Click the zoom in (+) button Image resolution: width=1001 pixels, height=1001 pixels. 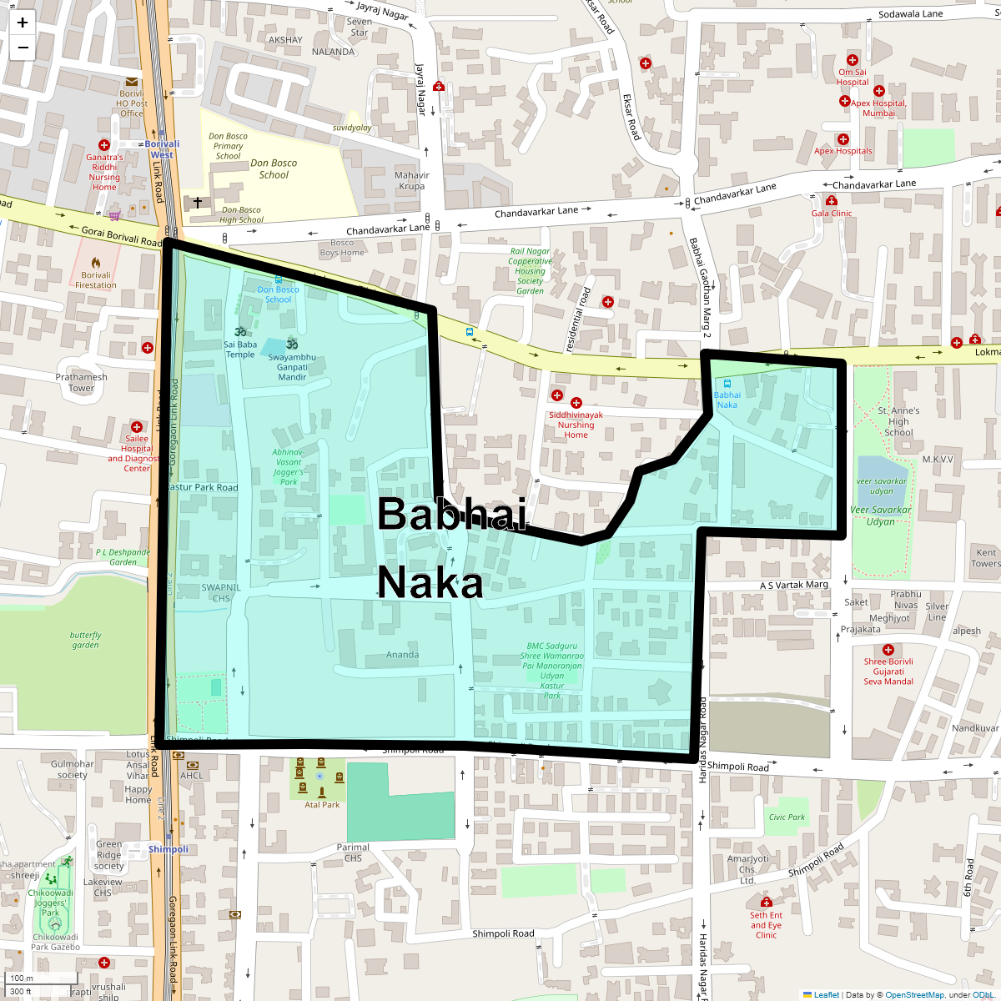pos(23,23)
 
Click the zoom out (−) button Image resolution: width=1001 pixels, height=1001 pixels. pos(23,48)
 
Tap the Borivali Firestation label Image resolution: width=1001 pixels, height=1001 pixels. pos(96,280)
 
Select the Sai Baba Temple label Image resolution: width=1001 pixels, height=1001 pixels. pos(240,350)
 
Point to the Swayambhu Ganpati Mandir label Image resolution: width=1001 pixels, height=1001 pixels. pos(292,367)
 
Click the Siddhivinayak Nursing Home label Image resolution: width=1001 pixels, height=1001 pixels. pos(576,425)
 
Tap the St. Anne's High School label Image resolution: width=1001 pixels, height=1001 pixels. pos(898,421)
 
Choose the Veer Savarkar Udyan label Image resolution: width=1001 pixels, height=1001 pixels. pos(880,516)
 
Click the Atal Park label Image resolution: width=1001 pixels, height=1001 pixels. pos(322,805)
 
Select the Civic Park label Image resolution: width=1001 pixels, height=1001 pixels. pos(787,817)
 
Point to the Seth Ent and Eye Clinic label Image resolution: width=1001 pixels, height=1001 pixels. pos(766,925)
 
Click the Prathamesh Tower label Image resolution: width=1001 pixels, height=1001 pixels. pos(81,383)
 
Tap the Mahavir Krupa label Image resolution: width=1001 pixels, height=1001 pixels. pos(411,181)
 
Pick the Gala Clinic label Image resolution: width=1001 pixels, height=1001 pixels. pos(832,214)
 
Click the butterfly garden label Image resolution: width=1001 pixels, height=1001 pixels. pos(85,640)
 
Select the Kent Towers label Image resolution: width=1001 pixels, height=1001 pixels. pos(986,558)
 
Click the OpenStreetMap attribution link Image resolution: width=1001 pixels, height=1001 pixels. pos(914,994)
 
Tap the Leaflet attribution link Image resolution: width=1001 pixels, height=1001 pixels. pos(826,994)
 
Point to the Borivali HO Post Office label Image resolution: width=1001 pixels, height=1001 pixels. pos(132,103)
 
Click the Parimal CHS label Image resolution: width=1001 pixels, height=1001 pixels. pos(353,853)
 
